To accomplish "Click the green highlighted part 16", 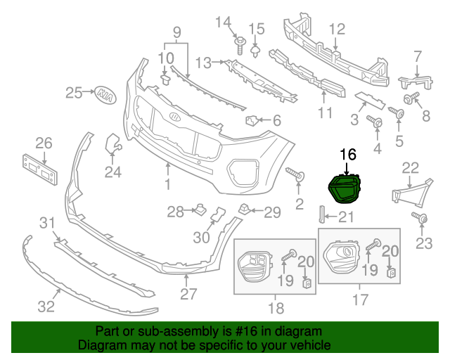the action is pyautogui.click(x=344, y=188).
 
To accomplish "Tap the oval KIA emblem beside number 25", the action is pyautogui.click(x=105, y=95).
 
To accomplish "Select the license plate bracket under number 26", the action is pyautogui.click(x=40, y=169).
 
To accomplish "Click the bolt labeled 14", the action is pyautogui.click(x=239, y=46).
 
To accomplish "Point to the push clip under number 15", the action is pyautogui.click(x=255, y=51).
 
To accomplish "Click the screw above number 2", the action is pyautogui.click(x=295, y=174).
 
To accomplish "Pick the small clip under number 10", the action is pyautogui.click(x=165, y=80).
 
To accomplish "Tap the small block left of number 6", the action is pyautogui.click(x=252, y=120).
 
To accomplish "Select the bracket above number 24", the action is pyautogui.click(x=113, y=143).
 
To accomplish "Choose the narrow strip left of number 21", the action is pyautogui.click(x=321, y=214).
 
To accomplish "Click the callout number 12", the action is pyautogui.click(x=337, y=30).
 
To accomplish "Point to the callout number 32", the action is pyautogui.click(x=46, y=307).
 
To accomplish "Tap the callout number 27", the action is pyautogui.click(x=188, y=294).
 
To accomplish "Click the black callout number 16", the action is pyautogui.click(x=348, y=155).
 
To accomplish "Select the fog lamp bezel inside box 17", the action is pyautogui.click(x=342, y=256).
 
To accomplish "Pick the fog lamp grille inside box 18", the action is pyautogui.click(x=255, y=266).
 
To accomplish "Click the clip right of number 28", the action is pyautogui.click(x=200, y=210).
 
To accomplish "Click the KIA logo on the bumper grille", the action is pyautogui.click(x=175, y=117).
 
